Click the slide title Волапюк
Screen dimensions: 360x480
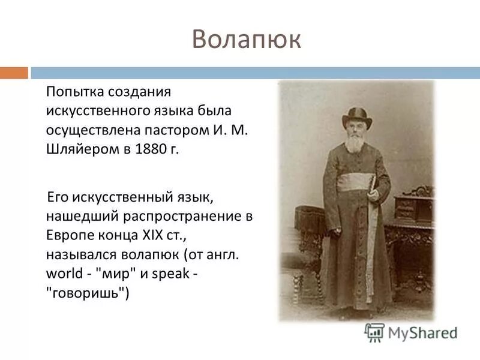coord(247,40)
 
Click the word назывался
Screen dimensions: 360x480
coord(79,254)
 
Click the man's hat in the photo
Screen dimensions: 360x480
coord(356,116)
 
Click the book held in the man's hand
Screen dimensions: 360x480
coord(374,186)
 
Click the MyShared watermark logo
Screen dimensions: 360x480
coord(411,332)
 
